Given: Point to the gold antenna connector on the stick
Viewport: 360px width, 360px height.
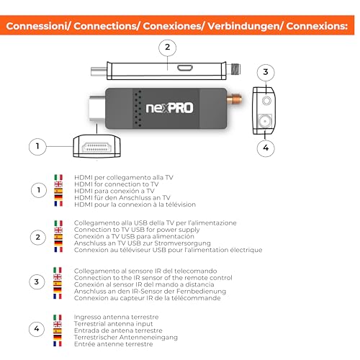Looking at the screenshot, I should click(x=236, y=94).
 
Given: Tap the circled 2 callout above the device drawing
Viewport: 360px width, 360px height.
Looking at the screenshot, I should click(x=167, y=48).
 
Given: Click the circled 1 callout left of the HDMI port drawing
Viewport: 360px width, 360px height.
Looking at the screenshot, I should click(x=33, y=146).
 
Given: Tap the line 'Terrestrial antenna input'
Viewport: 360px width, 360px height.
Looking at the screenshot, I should click(x=114, y=323).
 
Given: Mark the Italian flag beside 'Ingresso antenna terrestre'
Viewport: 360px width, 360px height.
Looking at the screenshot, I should click(x=58, y=316).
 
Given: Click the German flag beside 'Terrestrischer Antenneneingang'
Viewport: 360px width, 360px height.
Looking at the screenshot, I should click(x=58, y=337).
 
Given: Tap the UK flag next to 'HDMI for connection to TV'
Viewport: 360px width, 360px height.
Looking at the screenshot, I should click(x=58, y=184).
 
